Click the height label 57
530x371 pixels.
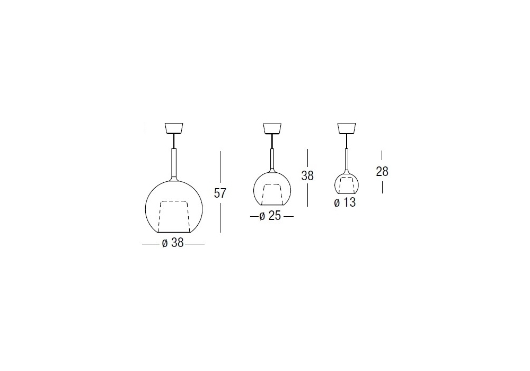coord(220,193)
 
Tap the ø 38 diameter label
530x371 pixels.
coord(173,243)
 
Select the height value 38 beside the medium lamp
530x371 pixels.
coord(307,176)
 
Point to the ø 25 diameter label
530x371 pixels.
coord(270,216)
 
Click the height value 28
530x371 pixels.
coord(382,172)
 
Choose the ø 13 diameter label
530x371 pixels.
coord(345,202)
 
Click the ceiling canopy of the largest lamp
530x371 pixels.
coord(174,128)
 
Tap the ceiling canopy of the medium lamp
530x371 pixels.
coord(272,128)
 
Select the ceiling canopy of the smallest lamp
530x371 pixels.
coord(347,128)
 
